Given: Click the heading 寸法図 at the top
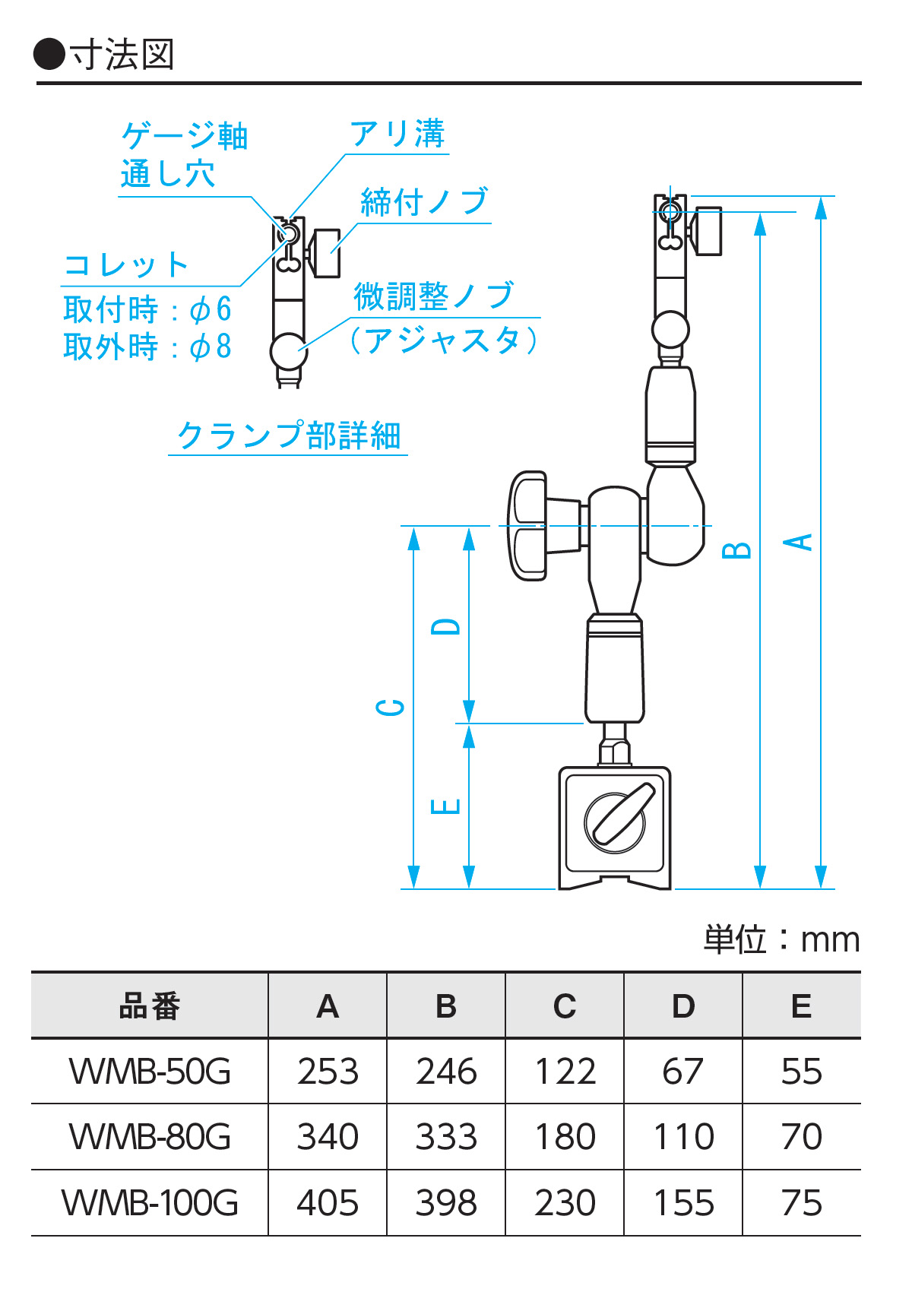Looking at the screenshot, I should click(x=122, y=55).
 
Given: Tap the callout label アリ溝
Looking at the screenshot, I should click(x=397, y=135).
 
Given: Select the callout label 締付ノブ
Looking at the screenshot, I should click(x=424, y=202).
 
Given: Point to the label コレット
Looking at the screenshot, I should click(x=126, y=265).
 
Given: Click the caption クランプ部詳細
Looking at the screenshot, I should click(x=288, y=436).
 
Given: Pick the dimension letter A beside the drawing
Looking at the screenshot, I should click(x=798, y=542).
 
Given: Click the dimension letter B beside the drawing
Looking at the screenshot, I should click(x=736, y=550).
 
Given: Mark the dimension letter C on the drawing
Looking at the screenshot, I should click(x=391, y=708).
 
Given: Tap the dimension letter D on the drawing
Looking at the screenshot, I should click(x=446, y=626).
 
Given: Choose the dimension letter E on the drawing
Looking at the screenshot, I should click(x=446, y=806).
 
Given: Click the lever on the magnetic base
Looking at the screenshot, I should click(x=623, y=813).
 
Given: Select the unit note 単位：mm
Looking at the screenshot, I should click(x=781, y=940).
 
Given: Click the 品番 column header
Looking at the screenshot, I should click(x=150, y=1006).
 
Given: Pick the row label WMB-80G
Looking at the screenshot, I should click(x=150, y=1137).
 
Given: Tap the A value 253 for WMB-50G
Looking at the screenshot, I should click(x=328, y=1072).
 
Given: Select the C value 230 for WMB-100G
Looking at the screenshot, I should click(x=565, y=1203).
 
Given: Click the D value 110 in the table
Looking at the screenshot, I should click(x=683, y=1137).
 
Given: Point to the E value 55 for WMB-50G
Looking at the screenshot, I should click(x=801, y=1072).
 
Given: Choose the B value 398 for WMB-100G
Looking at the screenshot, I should click(x=446, y=1203).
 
